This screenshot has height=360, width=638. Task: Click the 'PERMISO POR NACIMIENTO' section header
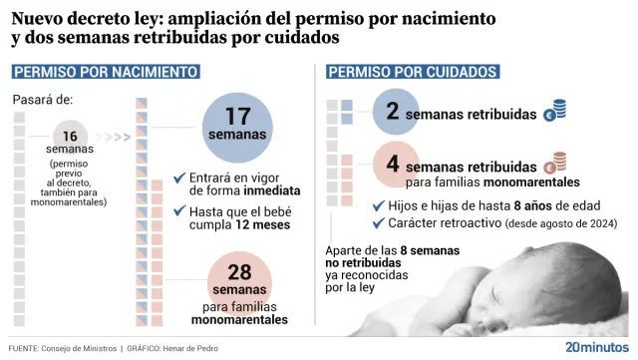click(106, 72)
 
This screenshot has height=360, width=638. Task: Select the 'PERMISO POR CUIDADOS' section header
click(412, 72)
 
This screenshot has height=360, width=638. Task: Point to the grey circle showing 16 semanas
click(70, 139)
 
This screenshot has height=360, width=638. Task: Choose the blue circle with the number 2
click(393, 112)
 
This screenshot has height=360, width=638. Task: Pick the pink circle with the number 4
click(393, 165)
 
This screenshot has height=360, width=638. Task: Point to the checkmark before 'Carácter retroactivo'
click(378, 222)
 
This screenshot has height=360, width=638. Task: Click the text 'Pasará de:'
click(44, 100)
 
